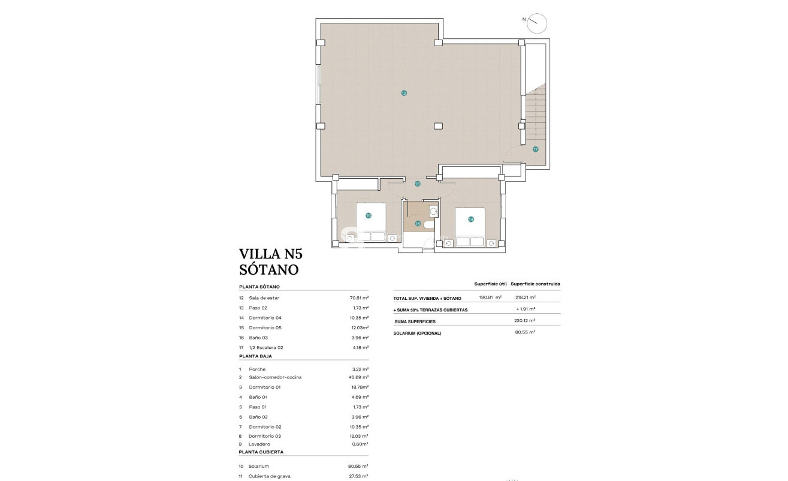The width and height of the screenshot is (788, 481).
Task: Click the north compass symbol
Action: (x=538, y=23)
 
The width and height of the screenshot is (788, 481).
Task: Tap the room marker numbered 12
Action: (x=404, y=93)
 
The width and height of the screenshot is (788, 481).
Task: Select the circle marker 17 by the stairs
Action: (x=535, y=149)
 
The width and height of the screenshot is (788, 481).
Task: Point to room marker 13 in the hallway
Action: (x=418, y=184)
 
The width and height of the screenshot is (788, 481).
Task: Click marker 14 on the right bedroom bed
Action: (x=471, y=220)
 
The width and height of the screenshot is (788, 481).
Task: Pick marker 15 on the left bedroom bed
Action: (x=369, y=215)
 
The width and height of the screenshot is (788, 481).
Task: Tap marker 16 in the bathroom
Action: (x=418, y=223)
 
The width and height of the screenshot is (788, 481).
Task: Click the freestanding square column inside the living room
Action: (x=439, y=126)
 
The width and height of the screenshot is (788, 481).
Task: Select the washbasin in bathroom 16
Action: (x=433, y=211)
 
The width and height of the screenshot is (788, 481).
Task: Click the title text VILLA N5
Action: (x=268, y=254)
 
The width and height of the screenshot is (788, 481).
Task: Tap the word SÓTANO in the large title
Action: (x=268, y=270)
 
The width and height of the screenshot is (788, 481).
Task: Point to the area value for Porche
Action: (x=360, y=369)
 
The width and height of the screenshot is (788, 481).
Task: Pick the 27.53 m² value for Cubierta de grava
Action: (x=359, y=476)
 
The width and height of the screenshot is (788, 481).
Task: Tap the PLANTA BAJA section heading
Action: (x=255, y=356)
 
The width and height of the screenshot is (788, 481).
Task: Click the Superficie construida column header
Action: (x=536, y=284)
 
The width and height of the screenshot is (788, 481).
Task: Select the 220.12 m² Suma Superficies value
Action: (x=525, y=321)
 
